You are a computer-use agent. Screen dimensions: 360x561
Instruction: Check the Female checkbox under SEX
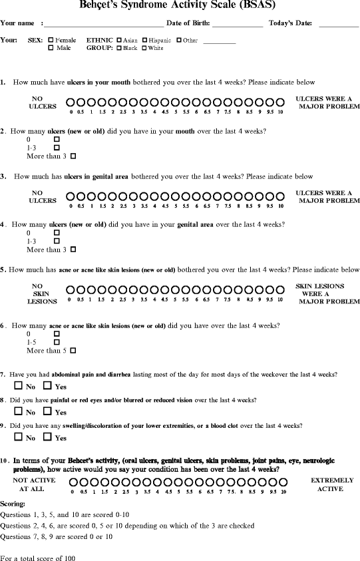pyautogui.click(x=51, y=40)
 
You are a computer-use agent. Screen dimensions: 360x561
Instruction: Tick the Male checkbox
pyautogui.click(x=51, y=48)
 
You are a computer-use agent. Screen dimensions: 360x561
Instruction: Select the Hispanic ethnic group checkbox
pyautogui.click(x=144, y=40)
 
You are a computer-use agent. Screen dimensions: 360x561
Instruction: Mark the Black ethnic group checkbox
pyautogui.click(x=119, y=48)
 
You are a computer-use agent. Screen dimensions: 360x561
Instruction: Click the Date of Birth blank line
pyautogui.click(x=238, y=25)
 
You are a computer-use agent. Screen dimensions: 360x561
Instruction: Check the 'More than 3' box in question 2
pyautogui.click(x=73, y=156)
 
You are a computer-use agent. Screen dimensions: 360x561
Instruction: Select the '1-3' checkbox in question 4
pyautogui.click(x=57, y=242)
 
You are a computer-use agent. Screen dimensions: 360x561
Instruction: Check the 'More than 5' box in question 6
pyautogui.click(x=73, y=350)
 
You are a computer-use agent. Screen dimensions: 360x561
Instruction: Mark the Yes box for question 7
pyautogui.click(x=47, y=386)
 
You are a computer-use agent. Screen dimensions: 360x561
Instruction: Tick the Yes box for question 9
pyautogui.click(x=47, y=438)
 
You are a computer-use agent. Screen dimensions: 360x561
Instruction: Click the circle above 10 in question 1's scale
pyautogui.click(x=281, y=103)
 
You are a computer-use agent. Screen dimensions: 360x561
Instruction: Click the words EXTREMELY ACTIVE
pyautogui.click(x=327, y=484)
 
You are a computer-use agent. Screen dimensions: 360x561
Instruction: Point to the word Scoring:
pyautogui.click(x=13, y=504)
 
